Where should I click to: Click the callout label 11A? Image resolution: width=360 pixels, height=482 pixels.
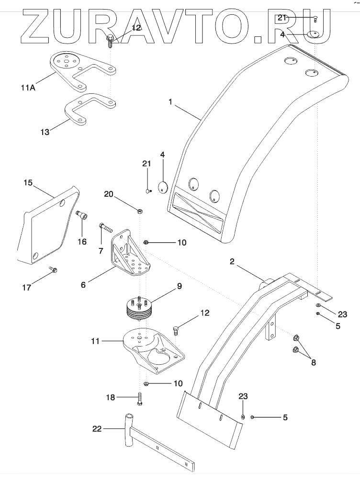pyautogui.click(x=28, y=88)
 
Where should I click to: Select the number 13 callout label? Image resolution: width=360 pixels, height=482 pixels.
pyautogui.click(x=45, y=132)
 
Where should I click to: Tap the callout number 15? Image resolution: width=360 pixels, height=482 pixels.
pyautogui.click(x=28, y=182)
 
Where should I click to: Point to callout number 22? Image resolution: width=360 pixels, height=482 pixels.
pyautogui.click(x=97, y=428)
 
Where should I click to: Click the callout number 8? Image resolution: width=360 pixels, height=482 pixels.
pyautogui.click(x=314, y=363)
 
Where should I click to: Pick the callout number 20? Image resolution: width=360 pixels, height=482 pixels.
pyautogui.click(x=109, y=194)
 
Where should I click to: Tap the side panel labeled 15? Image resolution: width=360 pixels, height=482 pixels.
pyautogui.click(x=48, y=225)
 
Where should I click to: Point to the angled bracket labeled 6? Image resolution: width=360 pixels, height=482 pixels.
pyautogui.click(x=130, y=253)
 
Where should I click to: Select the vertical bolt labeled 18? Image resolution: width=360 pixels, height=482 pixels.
pyautogui.click(x=140, y=399)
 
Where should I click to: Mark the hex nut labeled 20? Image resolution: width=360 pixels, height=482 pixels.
pyautogui.click(x=139, y=211)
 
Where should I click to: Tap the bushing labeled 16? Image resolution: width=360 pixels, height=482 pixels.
pyautogui.click(x=82, y=215)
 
